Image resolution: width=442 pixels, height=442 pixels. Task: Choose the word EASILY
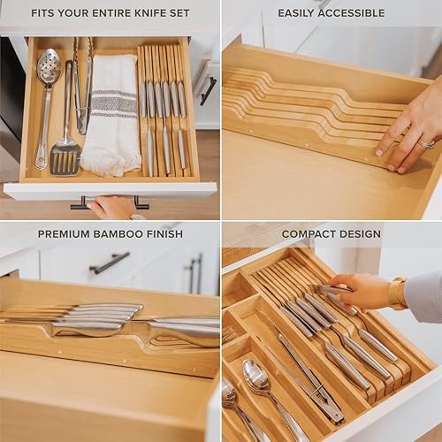click(298, 13)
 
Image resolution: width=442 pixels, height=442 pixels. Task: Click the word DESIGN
click(362, 234)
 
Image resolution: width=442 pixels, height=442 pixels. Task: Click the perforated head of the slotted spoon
click(49, 67)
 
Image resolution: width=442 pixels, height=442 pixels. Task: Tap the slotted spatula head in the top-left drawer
click(64, 157)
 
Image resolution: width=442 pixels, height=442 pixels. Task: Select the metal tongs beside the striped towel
click(83, 88)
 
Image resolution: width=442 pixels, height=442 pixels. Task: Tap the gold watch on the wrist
click(398, 293)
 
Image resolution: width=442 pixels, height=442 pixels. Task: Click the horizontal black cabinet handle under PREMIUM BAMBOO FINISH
click(110, 263)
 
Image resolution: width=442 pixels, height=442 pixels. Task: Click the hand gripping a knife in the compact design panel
click(358, 292)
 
